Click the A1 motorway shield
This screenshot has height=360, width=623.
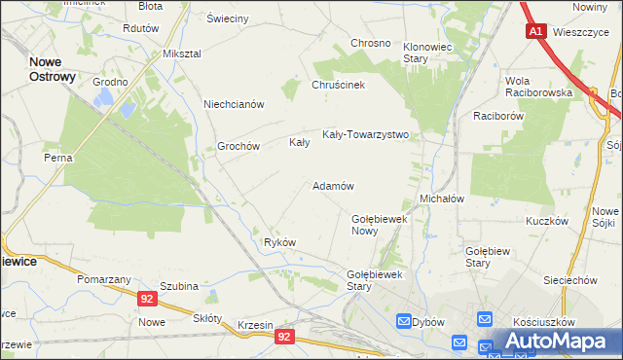[536, 32]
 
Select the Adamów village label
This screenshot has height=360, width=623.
[332, 185]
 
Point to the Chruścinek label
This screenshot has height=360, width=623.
[338, 85]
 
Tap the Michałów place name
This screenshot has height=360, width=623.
[441, 198]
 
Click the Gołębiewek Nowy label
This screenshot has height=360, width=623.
[378, 225]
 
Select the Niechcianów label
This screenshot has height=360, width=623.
[234, 104]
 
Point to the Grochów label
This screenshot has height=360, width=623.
[238, 146]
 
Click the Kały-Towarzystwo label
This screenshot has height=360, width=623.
[365, 134]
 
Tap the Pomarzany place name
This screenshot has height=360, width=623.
[104, 279]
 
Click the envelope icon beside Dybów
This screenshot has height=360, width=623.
[404, 321]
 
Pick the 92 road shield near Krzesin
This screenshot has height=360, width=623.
[284, 337]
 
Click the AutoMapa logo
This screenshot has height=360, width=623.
[557, 342]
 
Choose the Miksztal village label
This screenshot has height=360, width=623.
[182, 53]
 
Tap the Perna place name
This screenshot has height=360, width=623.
[57, 157]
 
